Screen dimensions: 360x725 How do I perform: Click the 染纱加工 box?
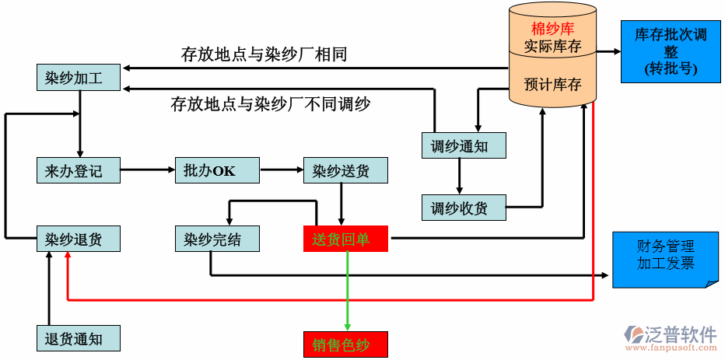[79, 78]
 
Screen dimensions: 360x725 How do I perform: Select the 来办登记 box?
[79, 170]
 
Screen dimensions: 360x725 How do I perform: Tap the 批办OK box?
[217, 170]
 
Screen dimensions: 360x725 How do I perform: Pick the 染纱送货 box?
[345, 170]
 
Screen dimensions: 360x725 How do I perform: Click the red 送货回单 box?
[345, 239]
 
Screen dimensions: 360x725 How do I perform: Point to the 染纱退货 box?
[79, 239]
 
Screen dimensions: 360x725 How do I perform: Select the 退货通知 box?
[79, 338]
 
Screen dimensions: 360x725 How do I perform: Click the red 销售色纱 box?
[345, 344]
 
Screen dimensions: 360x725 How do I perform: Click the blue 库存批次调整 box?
[671, 51]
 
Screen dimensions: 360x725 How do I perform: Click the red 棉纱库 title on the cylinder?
[552, 30]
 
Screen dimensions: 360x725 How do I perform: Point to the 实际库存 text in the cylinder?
[552, 46]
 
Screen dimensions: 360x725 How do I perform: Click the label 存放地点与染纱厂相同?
[264, 54]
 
